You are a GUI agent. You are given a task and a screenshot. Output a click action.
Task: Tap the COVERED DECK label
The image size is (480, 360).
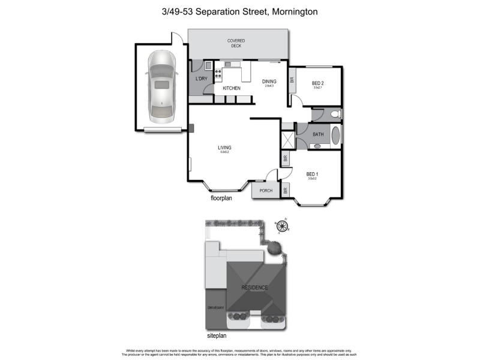point(236,44)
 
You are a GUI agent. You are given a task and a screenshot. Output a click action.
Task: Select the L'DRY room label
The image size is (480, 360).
point(202,79)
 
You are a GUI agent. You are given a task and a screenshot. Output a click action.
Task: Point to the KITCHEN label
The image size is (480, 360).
point(232,88)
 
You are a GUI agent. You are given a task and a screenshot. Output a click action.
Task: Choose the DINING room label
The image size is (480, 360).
point(269,82)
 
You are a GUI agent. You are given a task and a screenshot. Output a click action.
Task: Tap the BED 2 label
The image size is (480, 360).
point(318,83)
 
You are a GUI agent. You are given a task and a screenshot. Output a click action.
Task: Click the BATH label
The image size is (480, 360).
point(318,134)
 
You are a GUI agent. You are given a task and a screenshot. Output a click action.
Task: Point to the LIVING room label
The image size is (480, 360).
point(224,148)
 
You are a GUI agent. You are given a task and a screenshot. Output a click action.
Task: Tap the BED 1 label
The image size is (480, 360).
point(312,173)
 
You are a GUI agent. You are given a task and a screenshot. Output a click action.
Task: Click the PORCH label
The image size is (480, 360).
point(266,191)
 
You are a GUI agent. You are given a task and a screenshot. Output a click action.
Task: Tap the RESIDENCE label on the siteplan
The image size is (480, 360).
point(254,287)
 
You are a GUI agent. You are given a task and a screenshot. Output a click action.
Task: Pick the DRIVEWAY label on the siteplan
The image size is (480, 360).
point(215,308)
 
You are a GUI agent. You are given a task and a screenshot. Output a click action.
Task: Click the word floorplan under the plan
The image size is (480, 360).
point(221,197)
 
